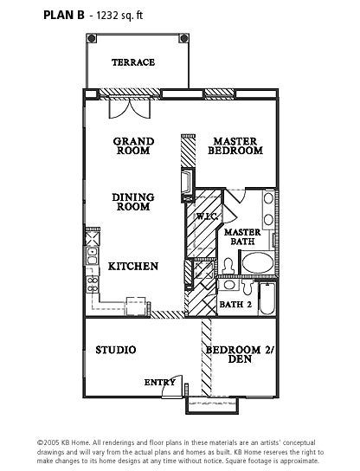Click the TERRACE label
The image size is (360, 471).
click(133, 62)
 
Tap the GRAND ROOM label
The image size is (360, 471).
click(133, 146)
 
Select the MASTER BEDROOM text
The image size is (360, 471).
click(235, 146)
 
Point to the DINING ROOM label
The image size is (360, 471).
click(133, 202)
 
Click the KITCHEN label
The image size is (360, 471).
click(133, 267)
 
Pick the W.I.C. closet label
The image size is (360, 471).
click(207, 216)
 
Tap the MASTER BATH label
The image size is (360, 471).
click(242, 236)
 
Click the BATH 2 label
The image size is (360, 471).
click(235, 304)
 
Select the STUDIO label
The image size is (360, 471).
click(116, 350)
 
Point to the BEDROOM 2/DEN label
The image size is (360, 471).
click(241, 354)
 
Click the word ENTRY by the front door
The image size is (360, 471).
click(159, 383)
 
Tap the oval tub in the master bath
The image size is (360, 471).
click(258, 263)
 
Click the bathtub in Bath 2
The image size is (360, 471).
click(267, 299)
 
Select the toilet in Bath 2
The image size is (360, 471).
click(247, 287)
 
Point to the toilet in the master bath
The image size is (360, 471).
click(228, 266)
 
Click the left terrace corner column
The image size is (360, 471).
click(92, 38)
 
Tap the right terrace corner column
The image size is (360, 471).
click(183, 38)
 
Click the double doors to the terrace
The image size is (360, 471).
click(130, 109)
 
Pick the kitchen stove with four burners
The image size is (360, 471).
click(93, 284)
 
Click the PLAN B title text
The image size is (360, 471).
click(64, 15)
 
